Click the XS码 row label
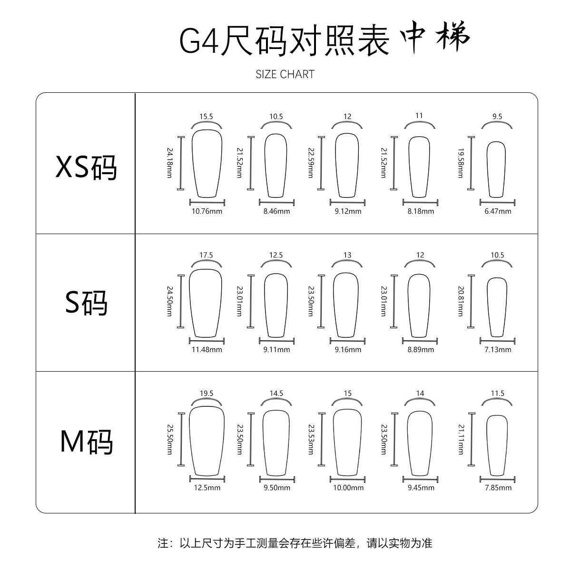pos(86,167)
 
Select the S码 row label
pos(86,302)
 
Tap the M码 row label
pos(86,442)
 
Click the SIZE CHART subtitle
pos(285,74)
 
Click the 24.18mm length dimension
pos(169,163)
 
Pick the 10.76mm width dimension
pos(207,211)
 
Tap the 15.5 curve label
pos(206,117)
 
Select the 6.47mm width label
pos(498,211)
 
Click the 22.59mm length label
pos(311,163)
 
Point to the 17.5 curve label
pos(206,255)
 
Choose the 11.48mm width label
pos(207,350)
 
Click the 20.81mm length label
pos(460,301)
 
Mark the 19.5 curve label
pos(206,394)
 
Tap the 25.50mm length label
pos(169,439)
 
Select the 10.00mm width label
pos(348,488)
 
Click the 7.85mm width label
pos(498,488)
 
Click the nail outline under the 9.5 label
pos(496,169)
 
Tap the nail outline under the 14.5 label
pos(276,443)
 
